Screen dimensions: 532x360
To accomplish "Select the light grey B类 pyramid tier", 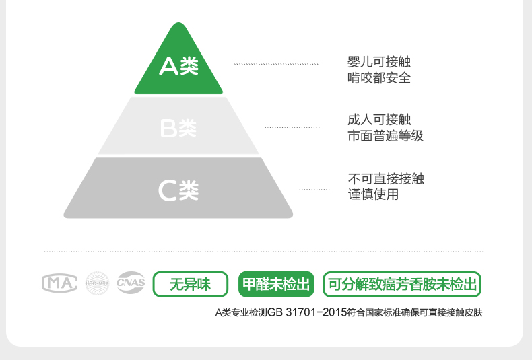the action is pyautogui.click(x=178, y=128).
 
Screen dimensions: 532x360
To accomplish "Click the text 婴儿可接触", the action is pyautogui.click(x=378, y=63).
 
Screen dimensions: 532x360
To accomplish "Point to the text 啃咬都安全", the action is pyautogui.click(x=378, y=78).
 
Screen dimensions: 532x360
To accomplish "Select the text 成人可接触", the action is pyautogui.click(x=378, y=120).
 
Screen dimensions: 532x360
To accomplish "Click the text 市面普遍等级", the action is pyautogui.click(x=385, y=136).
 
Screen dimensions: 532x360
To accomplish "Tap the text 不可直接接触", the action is pyautogui.click(x=386, y=179).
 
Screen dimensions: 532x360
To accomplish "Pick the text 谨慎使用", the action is pyautogui.click(x=373, y=194).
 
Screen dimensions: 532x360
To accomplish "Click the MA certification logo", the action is pyautogui.click(x=60, y=283).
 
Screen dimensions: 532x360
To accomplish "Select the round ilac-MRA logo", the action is pyautogui.click(x=97, y=283).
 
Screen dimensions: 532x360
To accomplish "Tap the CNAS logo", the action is pyautogui.click(x=131, y=283).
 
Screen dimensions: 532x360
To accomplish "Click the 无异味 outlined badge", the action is pyautogui.click(x=190, y=284).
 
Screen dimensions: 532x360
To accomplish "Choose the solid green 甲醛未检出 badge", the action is pyautogui.click(x=277, y=284).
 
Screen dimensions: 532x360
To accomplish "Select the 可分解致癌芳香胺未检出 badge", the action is pyautogui.click(x=402, y=284).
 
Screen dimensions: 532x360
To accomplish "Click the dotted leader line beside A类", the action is pyautogui.click(x=276, y=65).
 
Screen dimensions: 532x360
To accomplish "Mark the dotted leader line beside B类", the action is pyautogui.click(x=292, y=127).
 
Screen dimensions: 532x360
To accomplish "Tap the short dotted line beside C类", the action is pyautogui.click(x=314, y=190).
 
